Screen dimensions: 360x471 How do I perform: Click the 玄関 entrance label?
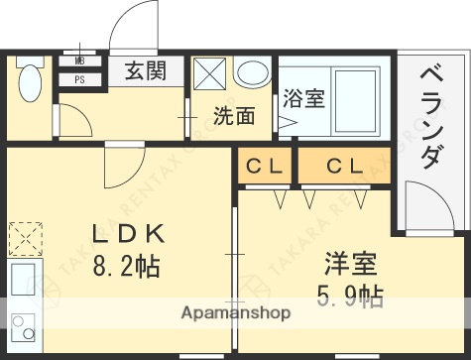[145, 70]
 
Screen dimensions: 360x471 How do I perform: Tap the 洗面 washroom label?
[234, 115]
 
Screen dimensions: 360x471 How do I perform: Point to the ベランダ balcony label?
[431, 115]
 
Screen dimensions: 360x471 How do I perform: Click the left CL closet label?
[265, 167]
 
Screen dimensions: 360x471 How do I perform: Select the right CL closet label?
[342, 167]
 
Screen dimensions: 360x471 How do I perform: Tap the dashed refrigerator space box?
[22, 239]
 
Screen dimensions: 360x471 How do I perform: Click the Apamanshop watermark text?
[235, 313]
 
